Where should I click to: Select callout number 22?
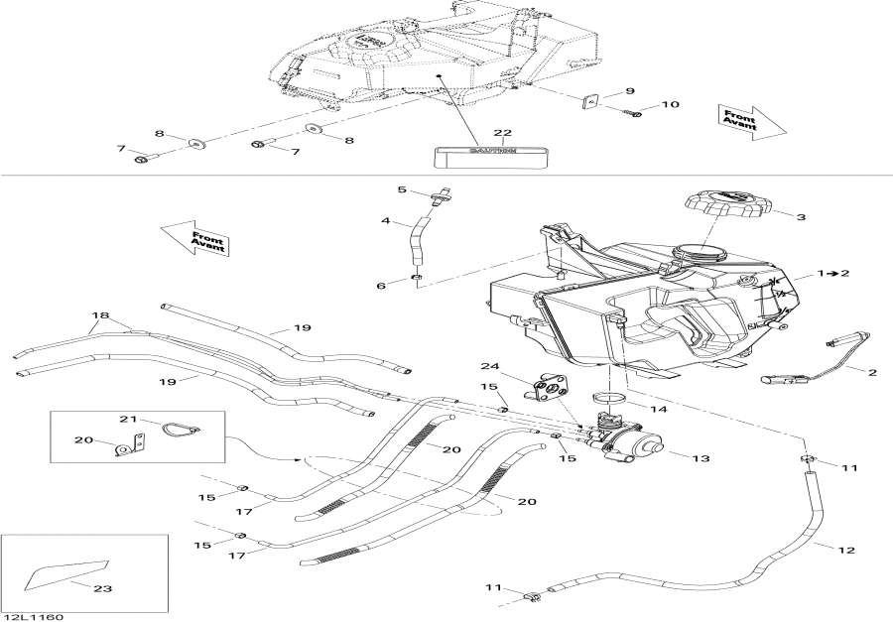(x=502, y=133)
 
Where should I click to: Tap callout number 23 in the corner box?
(x=102, y=588)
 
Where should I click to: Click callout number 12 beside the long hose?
(x=846, y=549)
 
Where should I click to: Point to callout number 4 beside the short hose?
(x=385, y=221)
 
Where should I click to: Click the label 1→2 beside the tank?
(x=833, y=272)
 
